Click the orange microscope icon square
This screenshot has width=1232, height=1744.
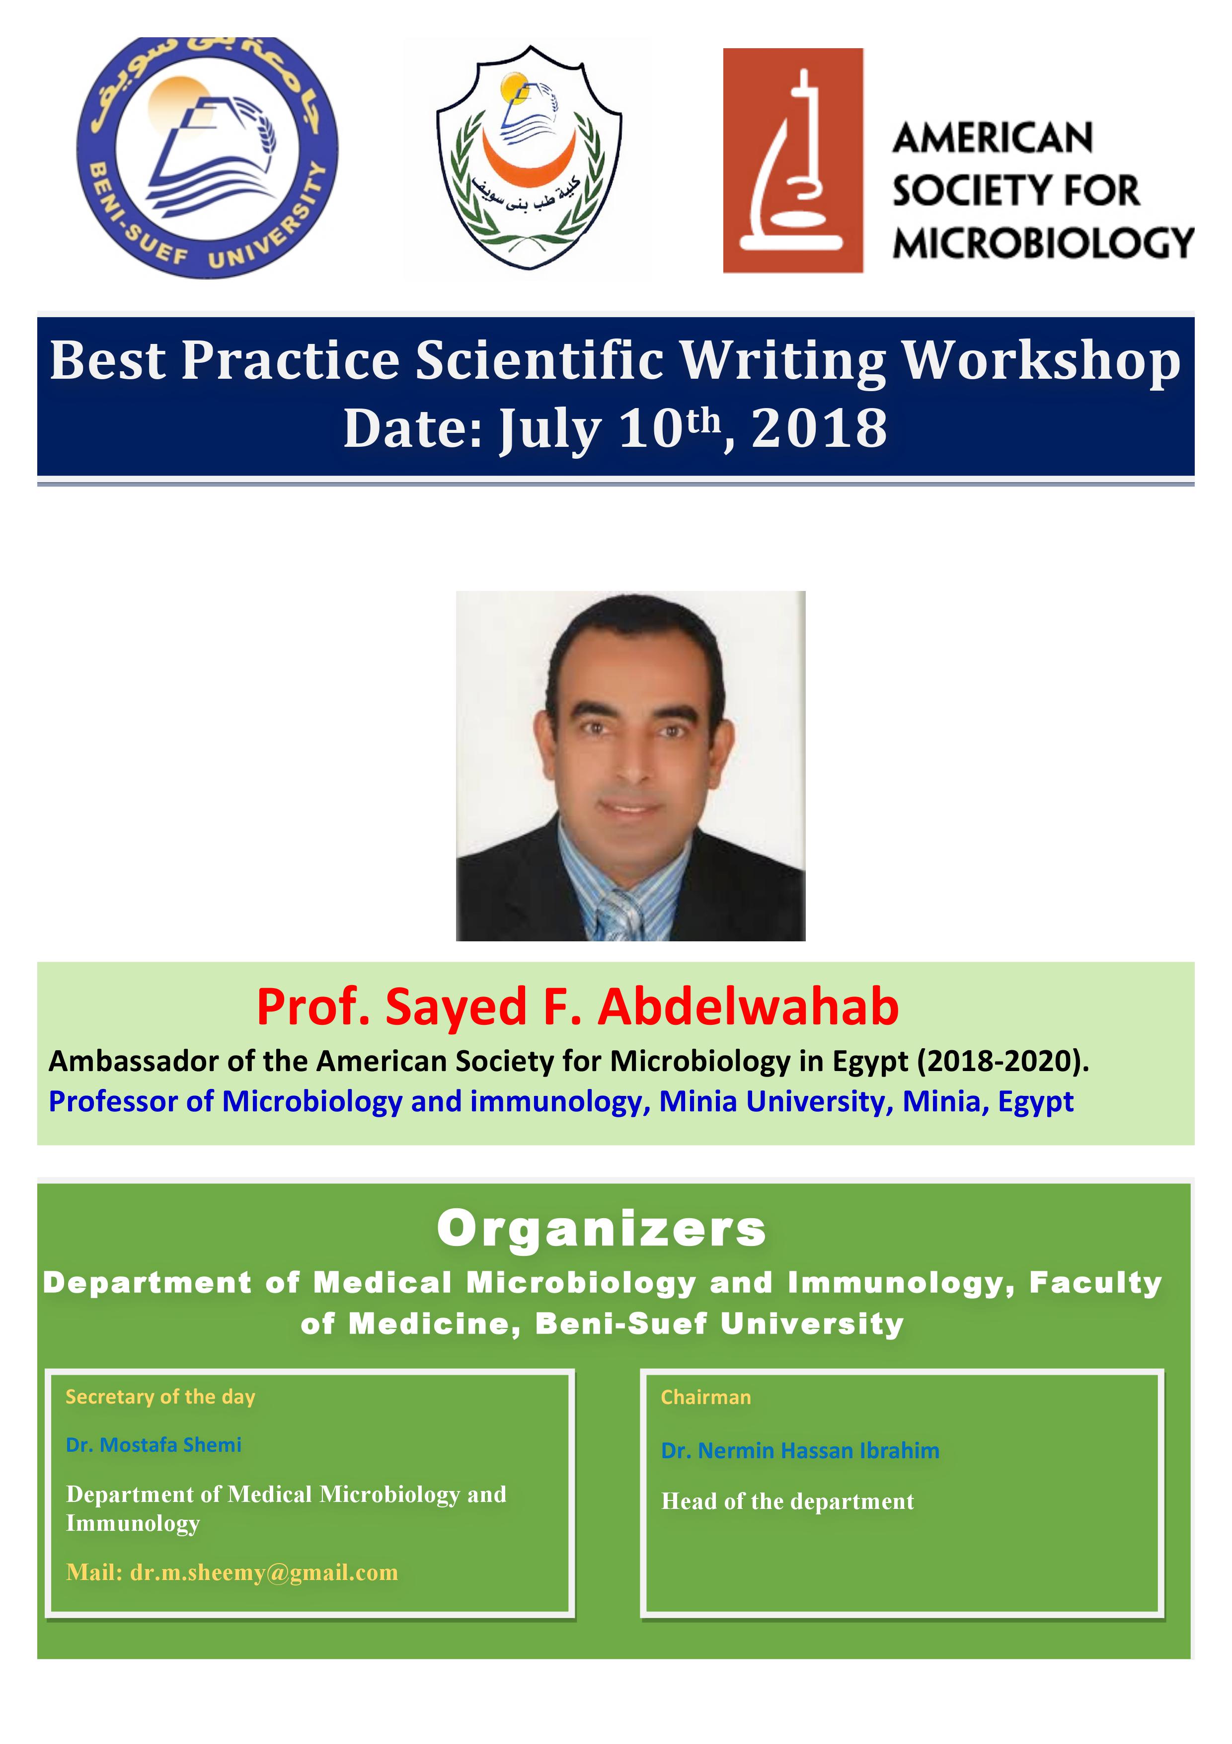point(792,160)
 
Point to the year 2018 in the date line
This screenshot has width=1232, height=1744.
point(819,428)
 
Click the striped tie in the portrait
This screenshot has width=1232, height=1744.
point(620,915)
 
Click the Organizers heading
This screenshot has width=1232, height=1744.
point(601,1229)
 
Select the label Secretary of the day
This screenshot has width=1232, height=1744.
point(160,1398)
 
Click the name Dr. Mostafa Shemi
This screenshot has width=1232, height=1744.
point(154,1445)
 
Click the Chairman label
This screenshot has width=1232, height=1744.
point(705,1398)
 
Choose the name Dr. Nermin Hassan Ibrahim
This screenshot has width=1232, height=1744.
point(800,1451)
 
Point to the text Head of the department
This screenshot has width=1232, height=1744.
point(787,1501)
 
